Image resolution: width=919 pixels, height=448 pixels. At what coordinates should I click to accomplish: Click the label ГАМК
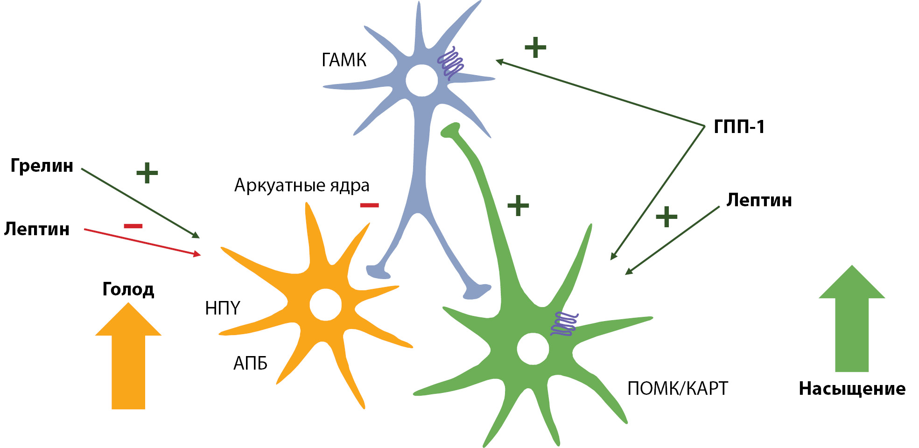click(344, 60)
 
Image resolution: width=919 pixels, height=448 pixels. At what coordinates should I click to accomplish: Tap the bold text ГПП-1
click(739, 127)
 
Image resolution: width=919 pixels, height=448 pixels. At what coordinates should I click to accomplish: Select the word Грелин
click(42, 166)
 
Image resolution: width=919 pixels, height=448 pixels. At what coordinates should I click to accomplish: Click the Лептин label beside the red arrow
click(37, 229)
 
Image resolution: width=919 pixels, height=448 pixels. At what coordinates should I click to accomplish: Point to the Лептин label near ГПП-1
click(759, 200)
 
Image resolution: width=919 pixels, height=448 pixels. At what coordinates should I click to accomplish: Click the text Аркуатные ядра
click(302, 186)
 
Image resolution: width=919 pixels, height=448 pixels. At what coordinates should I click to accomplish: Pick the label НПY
click(223, 308)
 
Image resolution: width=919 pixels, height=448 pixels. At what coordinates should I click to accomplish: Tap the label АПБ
click(250, 363)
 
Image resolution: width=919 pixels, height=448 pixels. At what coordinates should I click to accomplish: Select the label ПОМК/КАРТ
click(677, 388)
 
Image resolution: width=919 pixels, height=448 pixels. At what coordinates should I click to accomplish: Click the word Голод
click(128, 289)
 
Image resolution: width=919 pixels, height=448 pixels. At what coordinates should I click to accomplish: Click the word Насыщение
click(852, 389)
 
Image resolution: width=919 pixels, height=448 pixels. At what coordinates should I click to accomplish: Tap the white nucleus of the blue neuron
click(421, 80)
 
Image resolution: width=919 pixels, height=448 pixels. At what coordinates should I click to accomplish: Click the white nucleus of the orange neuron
click(326, 305)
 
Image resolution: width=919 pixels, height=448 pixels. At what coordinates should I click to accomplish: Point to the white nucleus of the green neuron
click(533, 349)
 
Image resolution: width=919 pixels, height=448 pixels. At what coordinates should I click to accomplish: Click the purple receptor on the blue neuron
click(451, 63)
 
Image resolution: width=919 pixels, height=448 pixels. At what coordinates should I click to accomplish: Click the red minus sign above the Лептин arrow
click(133, 226)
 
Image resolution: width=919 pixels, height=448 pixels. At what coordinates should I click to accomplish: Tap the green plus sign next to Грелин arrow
click(147, 173)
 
